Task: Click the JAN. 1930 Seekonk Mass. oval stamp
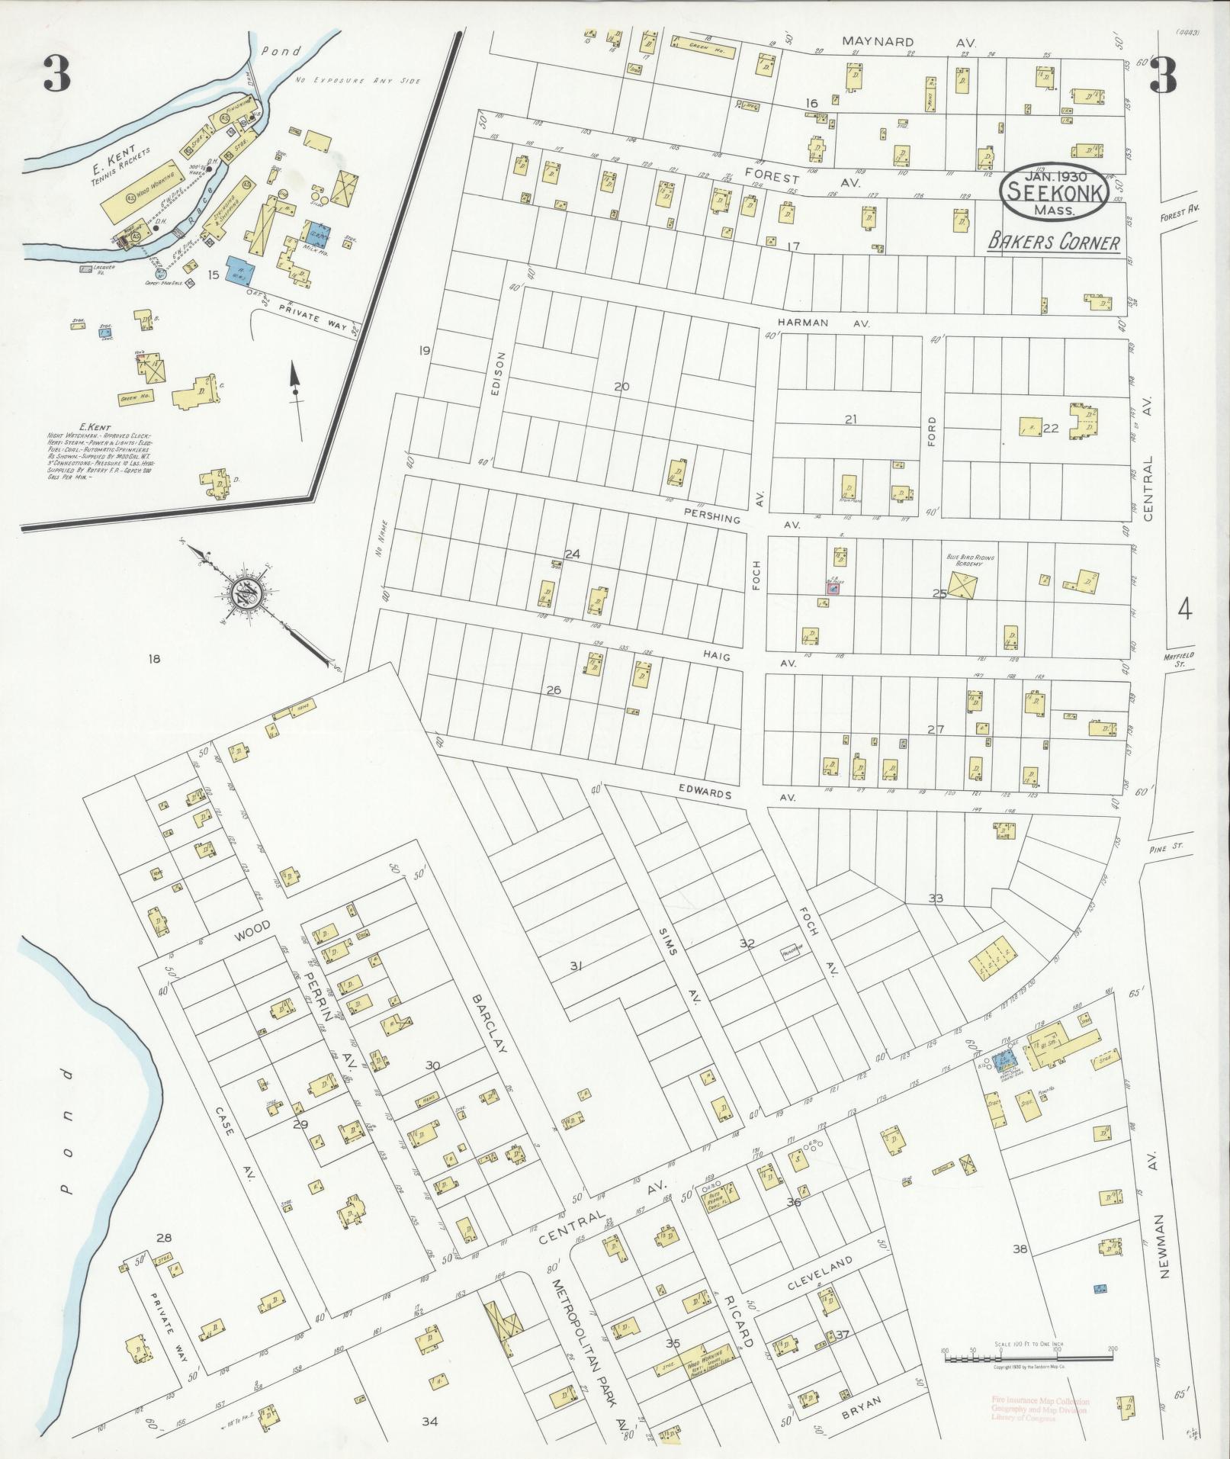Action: (1055, 192)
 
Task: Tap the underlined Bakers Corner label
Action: (1054, 243)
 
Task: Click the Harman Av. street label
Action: (830, 323)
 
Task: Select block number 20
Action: (621, 387)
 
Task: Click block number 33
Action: (935, 898)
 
